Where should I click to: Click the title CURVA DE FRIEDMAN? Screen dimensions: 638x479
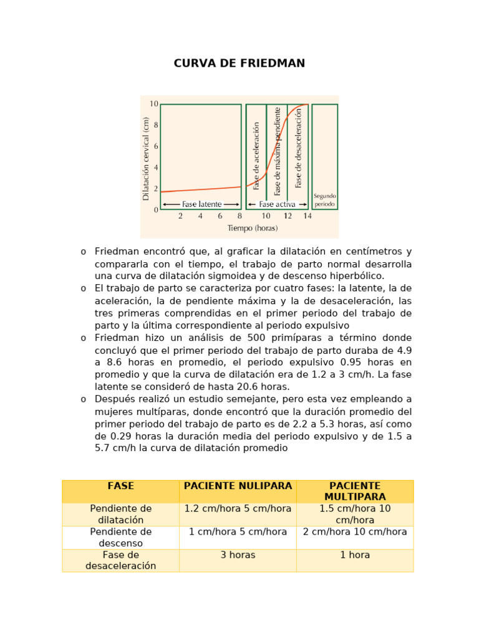pos(239,64)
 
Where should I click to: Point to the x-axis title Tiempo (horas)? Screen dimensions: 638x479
pos(253,228)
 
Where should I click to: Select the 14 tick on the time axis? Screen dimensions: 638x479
pos(307,216)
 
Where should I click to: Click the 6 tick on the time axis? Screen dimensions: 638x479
pos(220,216)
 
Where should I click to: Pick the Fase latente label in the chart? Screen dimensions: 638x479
pos(201,204)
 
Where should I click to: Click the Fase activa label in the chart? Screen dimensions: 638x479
pos(278,204)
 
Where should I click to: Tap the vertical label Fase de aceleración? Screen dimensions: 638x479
pos(256,156)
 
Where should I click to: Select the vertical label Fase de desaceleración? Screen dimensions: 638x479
pos(299,148)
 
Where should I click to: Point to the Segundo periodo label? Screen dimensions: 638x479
pos(324,199)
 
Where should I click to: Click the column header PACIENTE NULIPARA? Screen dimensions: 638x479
pos(238,486)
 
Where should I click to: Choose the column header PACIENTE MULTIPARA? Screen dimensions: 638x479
pos(355,491)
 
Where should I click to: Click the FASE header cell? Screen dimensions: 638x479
pos(120,486)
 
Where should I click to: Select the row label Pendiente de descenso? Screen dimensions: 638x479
pos(120,537)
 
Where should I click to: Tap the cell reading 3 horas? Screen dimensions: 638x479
pos(238,555)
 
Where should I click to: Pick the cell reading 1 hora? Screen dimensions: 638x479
pos(355,555)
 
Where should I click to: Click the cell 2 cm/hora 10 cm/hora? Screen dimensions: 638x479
pos(355,532)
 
